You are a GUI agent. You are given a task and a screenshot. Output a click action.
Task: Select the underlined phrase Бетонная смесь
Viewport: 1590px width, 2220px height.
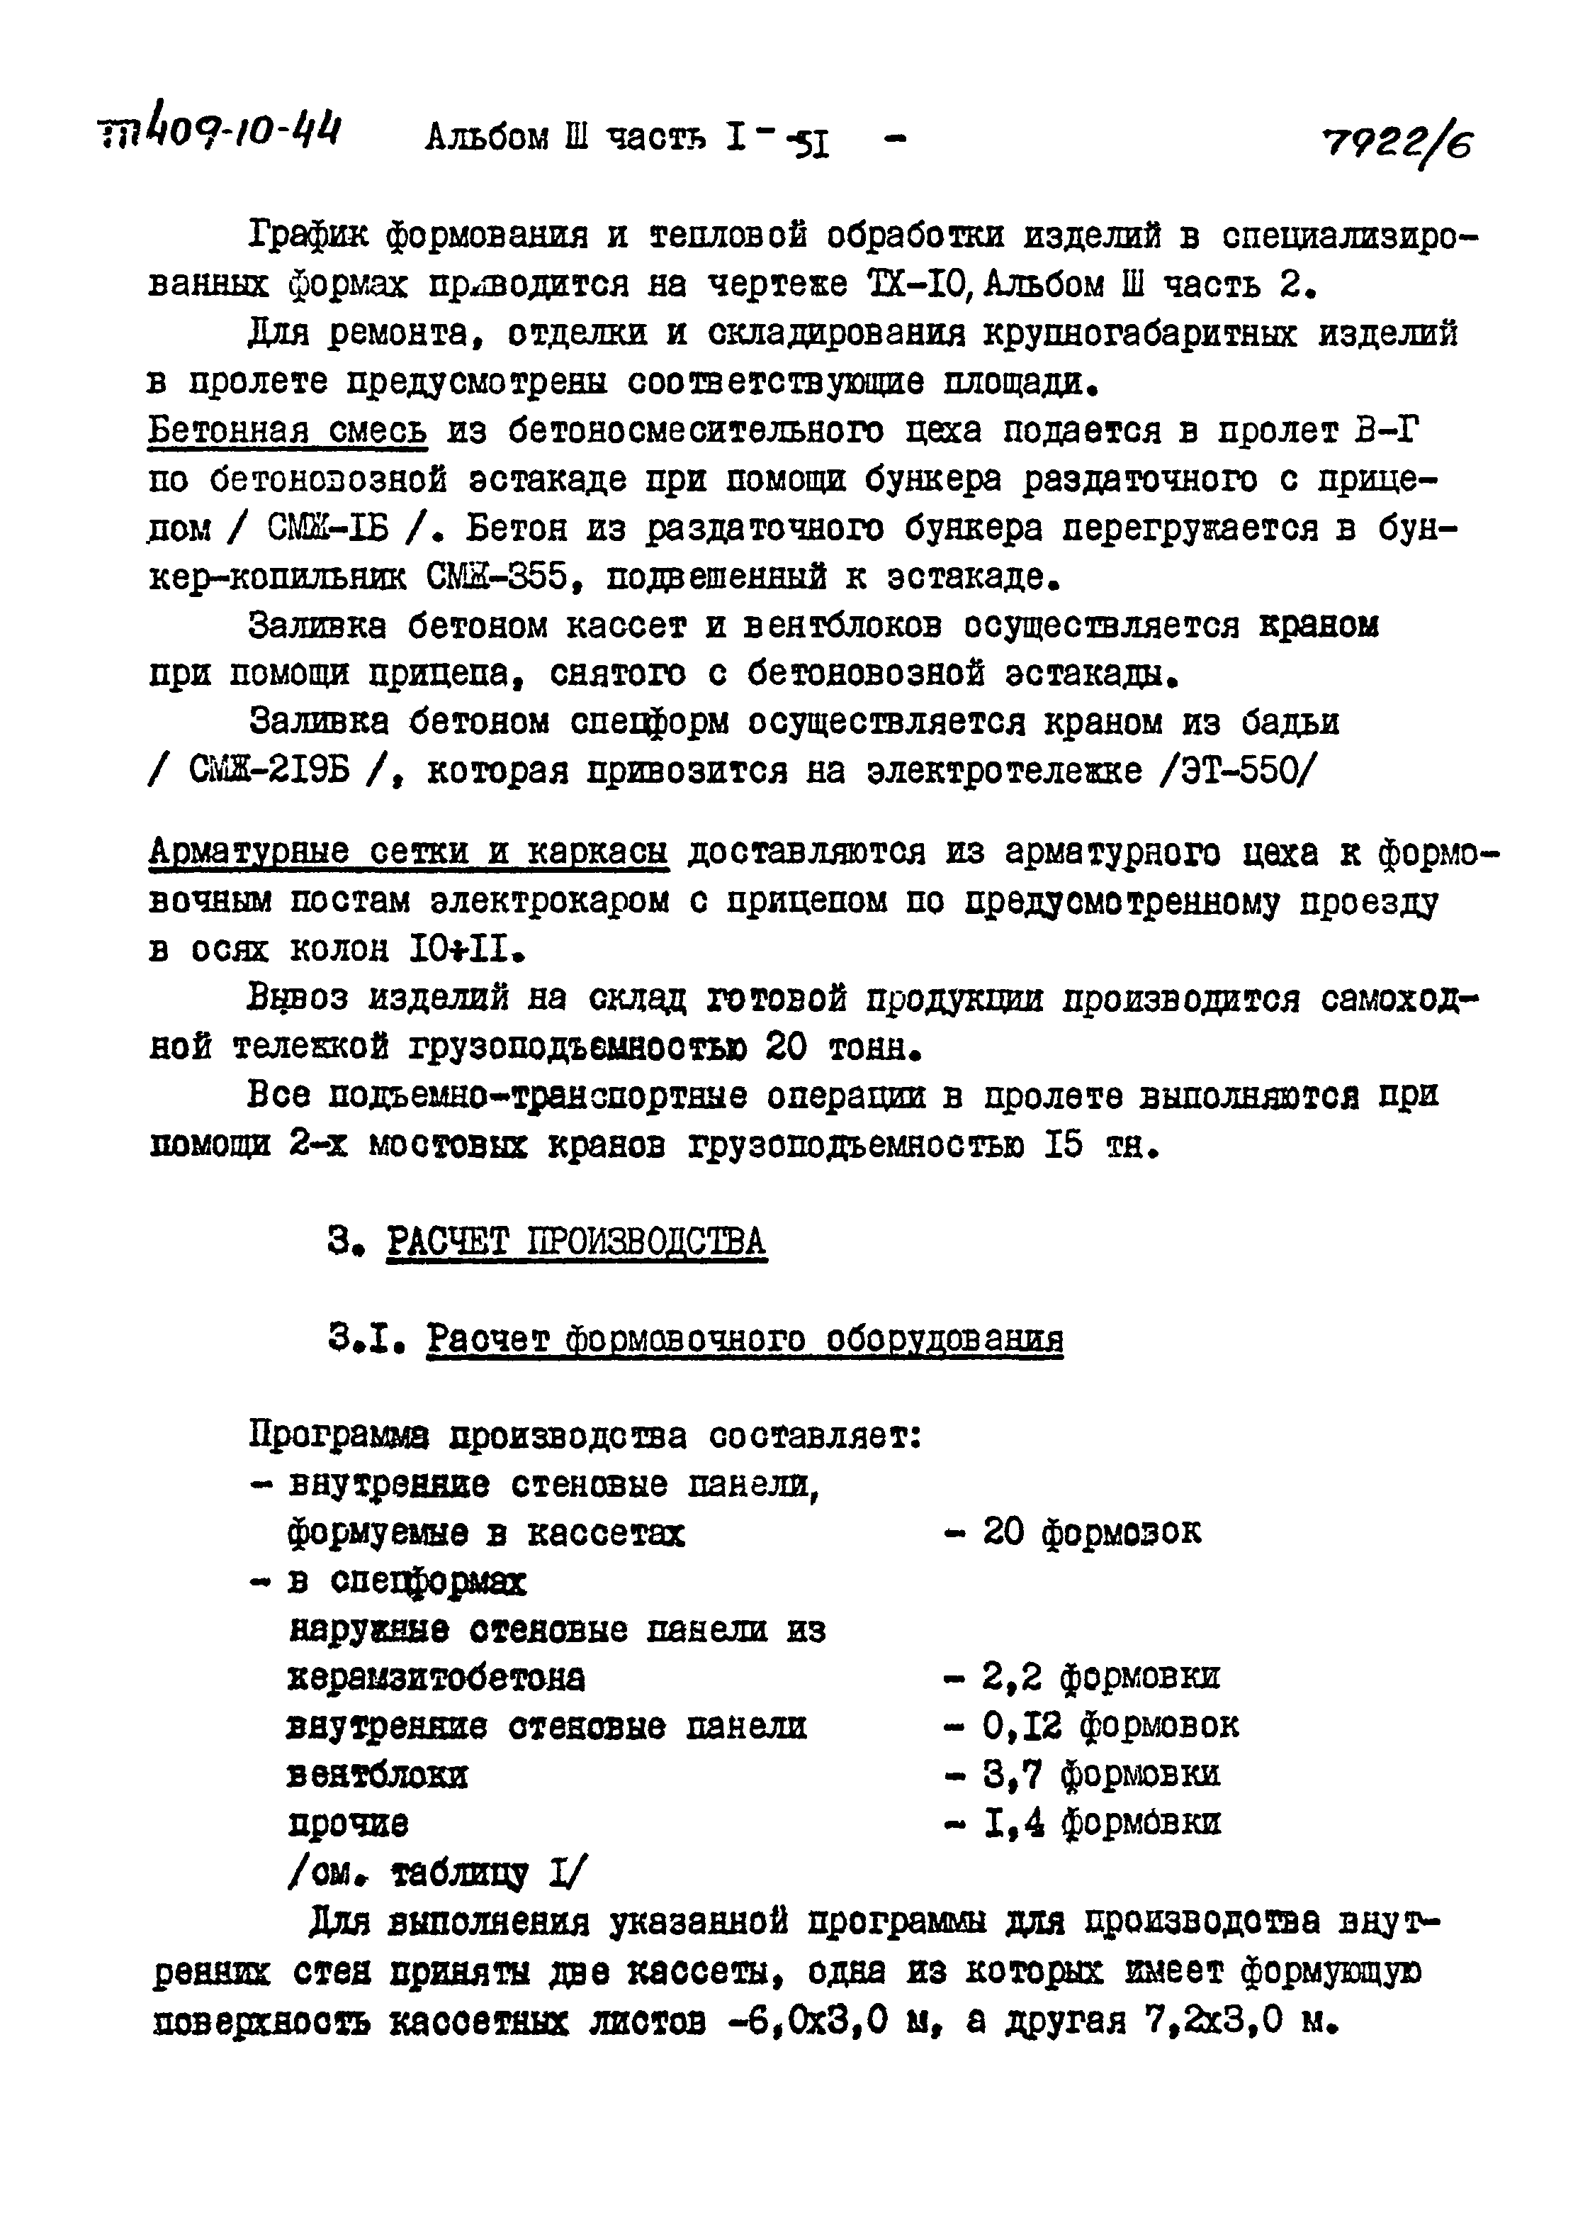287,430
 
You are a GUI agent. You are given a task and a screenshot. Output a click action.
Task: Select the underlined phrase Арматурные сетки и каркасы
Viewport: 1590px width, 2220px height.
408,852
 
